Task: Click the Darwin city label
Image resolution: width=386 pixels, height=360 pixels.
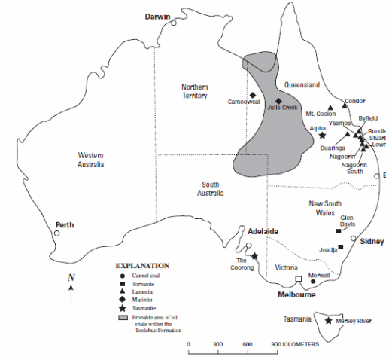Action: [x=159, y=16]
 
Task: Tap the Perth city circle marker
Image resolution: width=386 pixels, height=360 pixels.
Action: [x=56, y=233]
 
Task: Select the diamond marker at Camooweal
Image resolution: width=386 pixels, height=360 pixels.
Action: [x=252, y=94]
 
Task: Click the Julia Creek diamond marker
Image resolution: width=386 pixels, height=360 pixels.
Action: [x=278, y=101]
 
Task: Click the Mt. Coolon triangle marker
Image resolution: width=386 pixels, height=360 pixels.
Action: [x=331, y=107]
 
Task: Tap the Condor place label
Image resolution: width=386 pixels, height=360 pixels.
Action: [x=354, y=101]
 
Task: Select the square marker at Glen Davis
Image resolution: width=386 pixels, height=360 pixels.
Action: [x=338, y=231]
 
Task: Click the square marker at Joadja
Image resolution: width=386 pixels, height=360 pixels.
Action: [x=341, y=247]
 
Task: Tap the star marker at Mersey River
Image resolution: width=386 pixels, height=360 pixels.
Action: [x=328, y=322]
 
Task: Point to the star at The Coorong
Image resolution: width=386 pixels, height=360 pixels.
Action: [x=254, y=256]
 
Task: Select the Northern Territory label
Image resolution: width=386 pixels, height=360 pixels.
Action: [x=195, y=91]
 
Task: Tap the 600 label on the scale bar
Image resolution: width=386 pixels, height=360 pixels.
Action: [x=246, y=344]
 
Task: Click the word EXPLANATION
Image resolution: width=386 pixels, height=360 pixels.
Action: [x=142, y=265]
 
